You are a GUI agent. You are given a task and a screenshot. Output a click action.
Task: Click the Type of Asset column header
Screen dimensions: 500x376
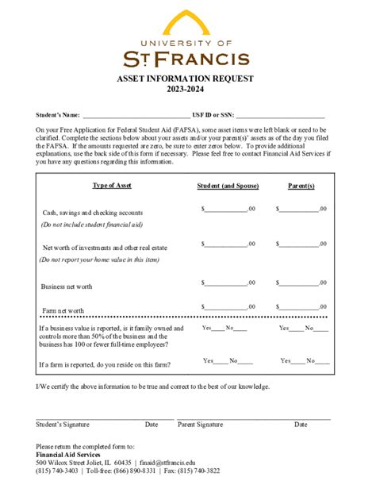112,186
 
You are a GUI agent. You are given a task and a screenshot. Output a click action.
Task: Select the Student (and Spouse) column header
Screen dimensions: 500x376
227,186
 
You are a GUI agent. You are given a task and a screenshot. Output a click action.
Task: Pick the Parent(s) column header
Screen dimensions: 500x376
301,186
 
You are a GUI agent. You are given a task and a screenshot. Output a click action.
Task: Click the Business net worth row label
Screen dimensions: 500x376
67,287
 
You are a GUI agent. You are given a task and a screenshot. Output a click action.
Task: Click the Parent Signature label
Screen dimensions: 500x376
200,425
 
